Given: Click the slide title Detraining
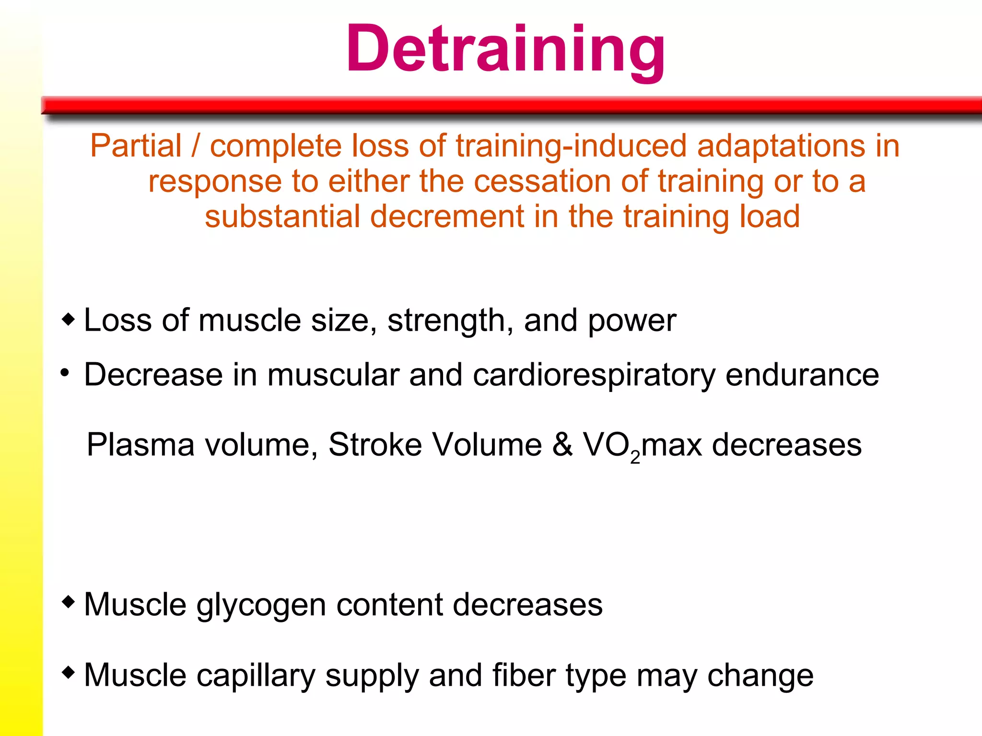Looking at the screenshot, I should (x=505, y=49).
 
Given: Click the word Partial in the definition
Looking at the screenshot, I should (x=136, y=146).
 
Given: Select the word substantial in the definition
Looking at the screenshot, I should (x=282, y=216).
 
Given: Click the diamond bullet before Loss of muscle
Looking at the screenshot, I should (x=69, y=319).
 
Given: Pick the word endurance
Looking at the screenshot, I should (x=802, y=374).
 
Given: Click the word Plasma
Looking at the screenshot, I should (x=140, y=445).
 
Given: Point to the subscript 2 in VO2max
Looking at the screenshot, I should (x=635, y=457).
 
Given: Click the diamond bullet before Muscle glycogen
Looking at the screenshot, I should (x=69, y=601).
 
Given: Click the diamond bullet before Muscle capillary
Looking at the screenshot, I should (x=69, y=672).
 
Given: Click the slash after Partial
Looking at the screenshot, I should (x=196, y=146).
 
